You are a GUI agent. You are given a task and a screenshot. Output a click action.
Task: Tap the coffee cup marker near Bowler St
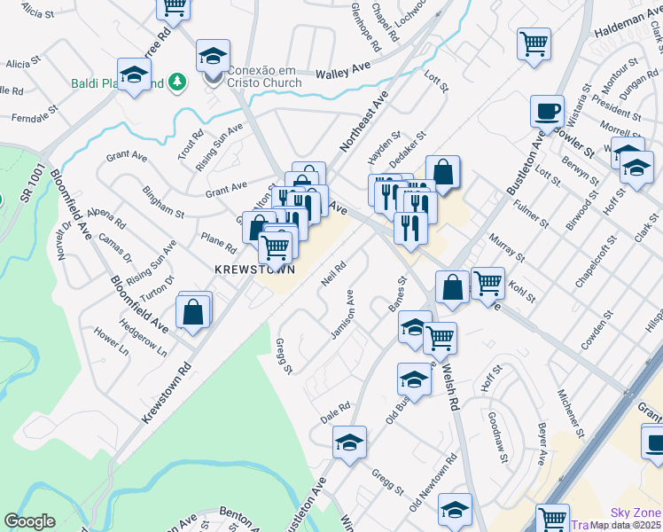click(x=547, y=112)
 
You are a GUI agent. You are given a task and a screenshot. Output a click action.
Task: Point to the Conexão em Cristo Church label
click(x=264, y=76)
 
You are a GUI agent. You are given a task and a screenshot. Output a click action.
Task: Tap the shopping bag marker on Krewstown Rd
click(x=192, y=312)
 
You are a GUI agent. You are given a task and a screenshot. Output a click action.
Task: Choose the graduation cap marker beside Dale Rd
click(x=349, y=442)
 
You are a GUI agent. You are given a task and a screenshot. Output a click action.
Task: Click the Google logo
click(x=29, y=521)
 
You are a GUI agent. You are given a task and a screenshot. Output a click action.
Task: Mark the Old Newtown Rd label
click(x=433, y=483)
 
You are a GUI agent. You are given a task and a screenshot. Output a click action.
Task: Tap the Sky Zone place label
click(x=636, y=513)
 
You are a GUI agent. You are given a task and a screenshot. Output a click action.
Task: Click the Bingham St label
click(x=165, y=202)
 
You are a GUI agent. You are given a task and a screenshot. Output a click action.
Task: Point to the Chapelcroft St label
click(x=595, y=263)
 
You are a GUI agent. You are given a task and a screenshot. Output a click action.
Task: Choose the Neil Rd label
click(x=332, y=271)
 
